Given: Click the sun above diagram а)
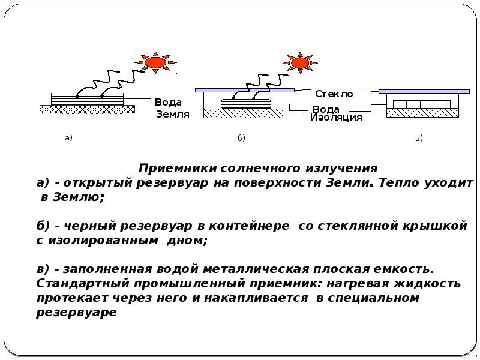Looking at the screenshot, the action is click(x=155, y=62).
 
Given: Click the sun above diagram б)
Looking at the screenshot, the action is click(x=300, y=63).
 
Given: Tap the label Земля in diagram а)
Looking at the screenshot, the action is click(x=173, y=114).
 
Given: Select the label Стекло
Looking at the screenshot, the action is click(x=334, y=94).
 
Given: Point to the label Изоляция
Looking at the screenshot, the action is click(x=336, y=117).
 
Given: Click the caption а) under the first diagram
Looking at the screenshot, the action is click(x=68, y=138).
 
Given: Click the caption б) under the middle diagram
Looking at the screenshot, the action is click(x=241, y=138).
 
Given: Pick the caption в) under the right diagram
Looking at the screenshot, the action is click(x=419, y=138).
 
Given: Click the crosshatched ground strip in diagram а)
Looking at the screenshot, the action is click(x=87, y=109).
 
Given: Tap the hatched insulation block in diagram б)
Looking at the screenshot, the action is click(x=244, y=113).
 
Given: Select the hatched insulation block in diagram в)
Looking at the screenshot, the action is click(x=422, y=113).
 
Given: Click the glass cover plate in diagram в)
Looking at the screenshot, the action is click(x=424, y=91).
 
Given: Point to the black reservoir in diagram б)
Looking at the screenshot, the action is click(x=246, y=103).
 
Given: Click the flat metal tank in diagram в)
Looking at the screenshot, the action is click(x=422, y=104).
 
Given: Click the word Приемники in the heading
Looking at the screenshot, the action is click(x=178, y=168).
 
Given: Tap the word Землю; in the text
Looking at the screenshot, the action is click(x=79, y=197).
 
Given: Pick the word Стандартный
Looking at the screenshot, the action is click(x=83, y=283).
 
